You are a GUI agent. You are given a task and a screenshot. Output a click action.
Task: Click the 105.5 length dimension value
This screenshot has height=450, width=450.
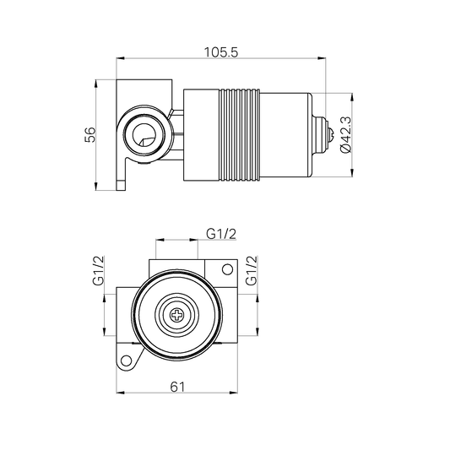pos(221,51)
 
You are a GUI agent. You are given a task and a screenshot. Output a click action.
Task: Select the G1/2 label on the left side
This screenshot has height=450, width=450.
pos(98,271)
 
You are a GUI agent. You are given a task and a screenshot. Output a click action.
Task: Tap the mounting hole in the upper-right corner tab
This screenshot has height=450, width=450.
pos(225,271)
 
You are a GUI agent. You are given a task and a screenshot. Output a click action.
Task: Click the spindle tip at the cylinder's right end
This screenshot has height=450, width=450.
pos(323,133)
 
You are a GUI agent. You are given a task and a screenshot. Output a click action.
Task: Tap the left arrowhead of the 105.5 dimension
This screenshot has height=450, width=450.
pos(120,59)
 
